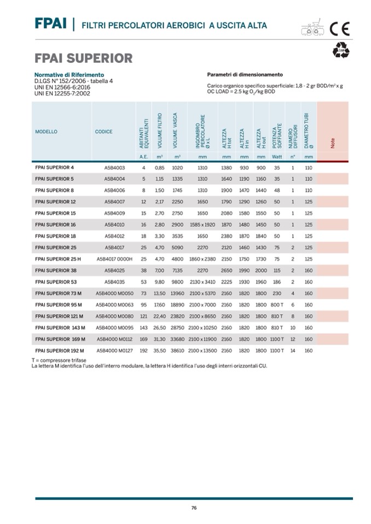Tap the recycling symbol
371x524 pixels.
click(x=341, y=51)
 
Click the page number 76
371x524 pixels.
click(x=194, y=508)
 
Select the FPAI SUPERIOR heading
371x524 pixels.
click(x=83, y=58)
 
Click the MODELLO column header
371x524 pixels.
click(x=46, y=132)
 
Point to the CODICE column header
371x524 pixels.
click(x=104, y=132)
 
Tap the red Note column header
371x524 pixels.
click(x=332, y=143)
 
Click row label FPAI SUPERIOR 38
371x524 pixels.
click(x=56, y=270)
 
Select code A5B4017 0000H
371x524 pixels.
click(x=115, y=258)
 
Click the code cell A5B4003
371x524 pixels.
click(x=115, y=167)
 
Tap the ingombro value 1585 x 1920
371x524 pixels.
click(x=202, y=225)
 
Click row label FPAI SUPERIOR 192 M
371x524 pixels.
click(x=59, y=350)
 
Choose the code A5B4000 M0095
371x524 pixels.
click(x=114, y=327)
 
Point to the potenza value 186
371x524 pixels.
click(x=277, y=281)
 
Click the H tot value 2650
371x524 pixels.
click(x=227, y=270)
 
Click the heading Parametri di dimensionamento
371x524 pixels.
click(x=245, y=74)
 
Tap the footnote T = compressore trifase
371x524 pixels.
click(x=60, y=361)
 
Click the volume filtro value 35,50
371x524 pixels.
click(x=160, y=350)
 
